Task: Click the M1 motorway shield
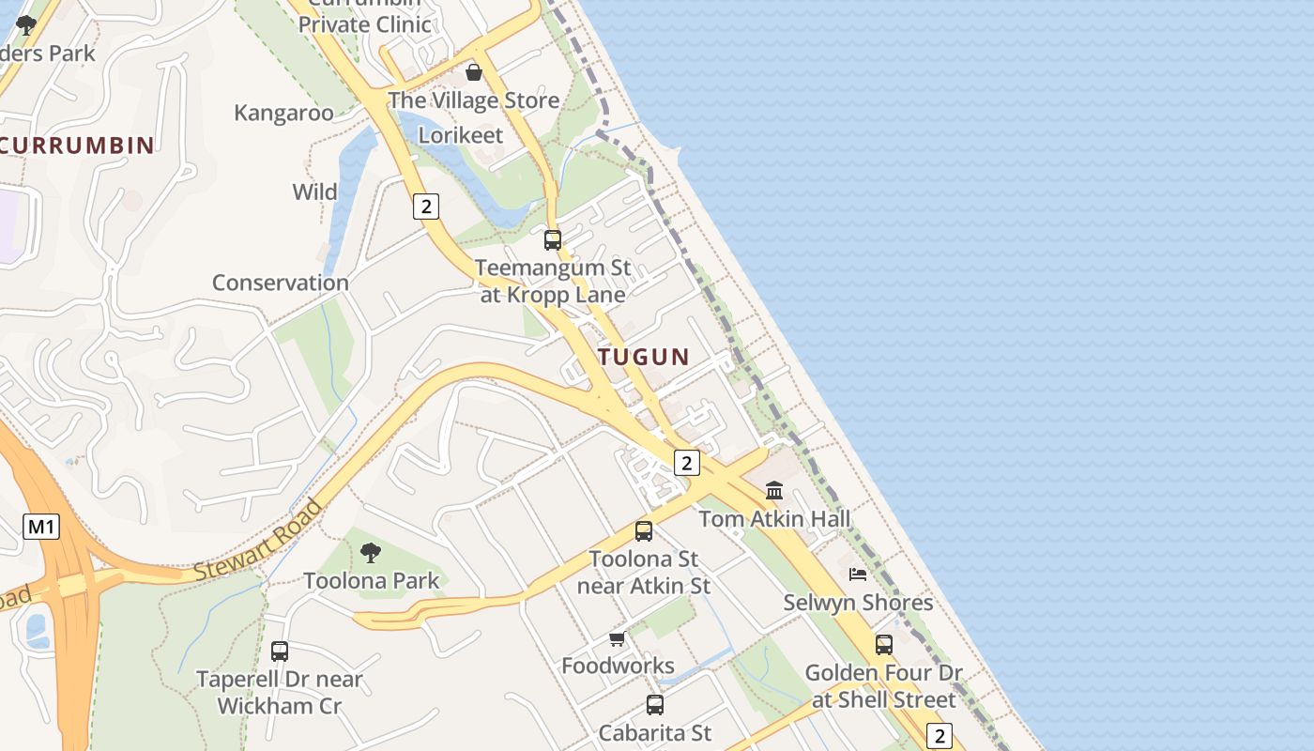(x=41, y=527)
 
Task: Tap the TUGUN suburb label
(x=644, y=357)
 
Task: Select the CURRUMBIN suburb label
(x=78, y=145)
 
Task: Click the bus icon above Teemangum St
(x=553, y=239)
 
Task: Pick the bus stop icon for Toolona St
(x=644, y=531)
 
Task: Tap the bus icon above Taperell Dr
(x=280, y=651)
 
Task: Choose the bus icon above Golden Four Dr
(x=884, y=645)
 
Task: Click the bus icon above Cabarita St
(x=655, y=704)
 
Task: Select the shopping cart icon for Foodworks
(x=617, y=639)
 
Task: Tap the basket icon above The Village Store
(x=474, y=72)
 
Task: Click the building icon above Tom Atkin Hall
(x=774, y=490)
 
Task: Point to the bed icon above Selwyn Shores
(x=858, y=574)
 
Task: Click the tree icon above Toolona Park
(x=371, y=552)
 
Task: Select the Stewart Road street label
(x=258, y=540)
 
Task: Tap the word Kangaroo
(x=283, y=113)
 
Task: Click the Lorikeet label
(x=461, y=135)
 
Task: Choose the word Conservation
(x=281, y=283)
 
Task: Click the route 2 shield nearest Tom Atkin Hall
(x=687, y=462)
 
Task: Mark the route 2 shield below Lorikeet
(x=426, y=206)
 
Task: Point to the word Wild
(x=315, y=192)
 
